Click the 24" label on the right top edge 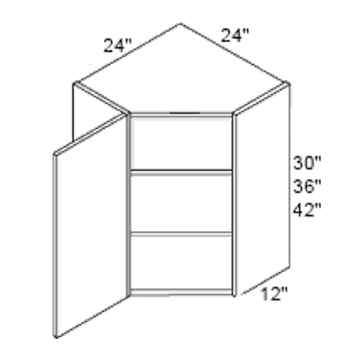(235, 35)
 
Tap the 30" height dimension (307, 163)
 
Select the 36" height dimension (307, 186)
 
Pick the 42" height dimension (307, 210)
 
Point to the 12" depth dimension (274, 294)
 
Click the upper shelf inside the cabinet (181, 172)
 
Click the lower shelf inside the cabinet (181, 234)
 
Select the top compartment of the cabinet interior (181, 143)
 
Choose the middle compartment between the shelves (181, 204)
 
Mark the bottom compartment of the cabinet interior (181, 263)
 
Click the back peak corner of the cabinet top (181, 23)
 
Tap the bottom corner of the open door (56, 338)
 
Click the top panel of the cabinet (181, 70)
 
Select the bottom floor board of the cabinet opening (181, 292)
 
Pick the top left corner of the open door (54, 153)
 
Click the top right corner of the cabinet (288, 82)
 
